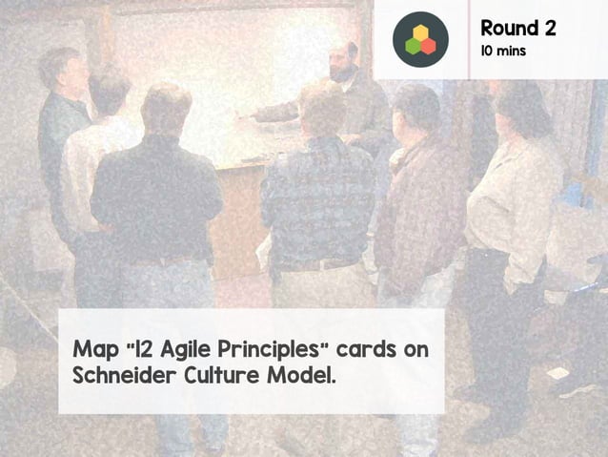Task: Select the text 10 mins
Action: [502, 51]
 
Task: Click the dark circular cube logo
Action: [420, 39]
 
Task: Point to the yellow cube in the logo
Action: [420, 32]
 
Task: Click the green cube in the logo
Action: [413, 45]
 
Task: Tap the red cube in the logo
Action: [428, 45]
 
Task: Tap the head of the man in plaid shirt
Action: [322, 108]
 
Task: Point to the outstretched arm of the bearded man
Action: [281, 111]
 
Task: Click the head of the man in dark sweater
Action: [166, 111]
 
